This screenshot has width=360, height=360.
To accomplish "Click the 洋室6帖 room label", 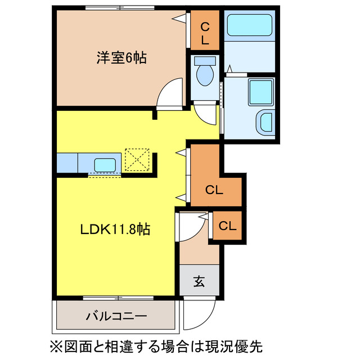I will click(x=121, y=57).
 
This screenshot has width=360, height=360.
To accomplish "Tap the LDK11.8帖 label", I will click(x=114, y=229).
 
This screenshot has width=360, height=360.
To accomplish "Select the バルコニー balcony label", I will click(x=116, y=317).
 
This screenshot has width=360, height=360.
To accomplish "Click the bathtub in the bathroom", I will click(x=249, y=26).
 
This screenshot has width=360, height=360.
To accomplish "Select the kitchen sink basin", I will click(x=105, y=164).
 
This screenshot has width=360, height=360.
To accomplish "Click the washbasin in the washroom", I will click(x=264, y=123).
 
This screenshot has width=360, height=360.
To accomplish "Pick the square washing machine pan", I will click(x=260, y=89).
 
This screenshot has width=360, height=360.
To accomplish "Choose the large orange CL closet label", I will click(x=214, y=190).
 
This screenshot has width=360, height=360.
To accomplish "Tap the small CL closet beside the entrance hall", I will click(x=227, y=226).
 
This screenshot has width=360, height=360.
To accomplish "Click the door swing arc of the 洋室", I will click(x=170, y=93).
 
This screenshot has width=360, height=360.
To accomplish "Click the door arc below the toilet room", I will click(x=206, y=115).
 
